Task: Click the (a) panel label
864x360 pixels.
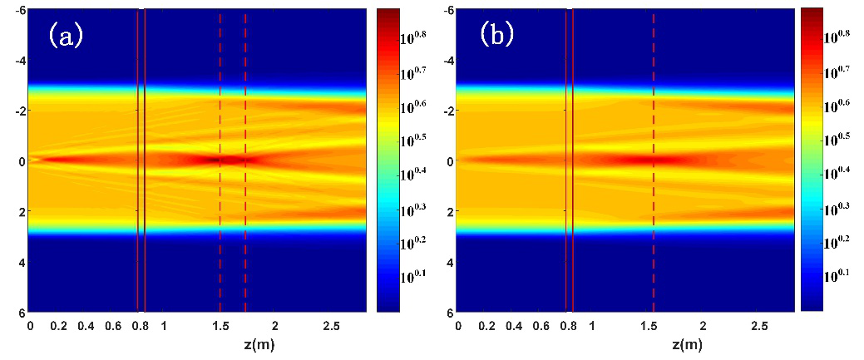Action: [x=66, y=35]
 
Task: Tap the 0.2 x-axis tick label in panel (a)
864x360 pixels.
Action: [x=58, y=328]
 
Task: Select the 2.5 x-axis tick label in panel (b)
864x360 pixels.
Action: [x=758, y=328]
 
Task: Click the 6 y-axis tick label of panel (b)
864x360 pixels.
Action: [x=450, y=313]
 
